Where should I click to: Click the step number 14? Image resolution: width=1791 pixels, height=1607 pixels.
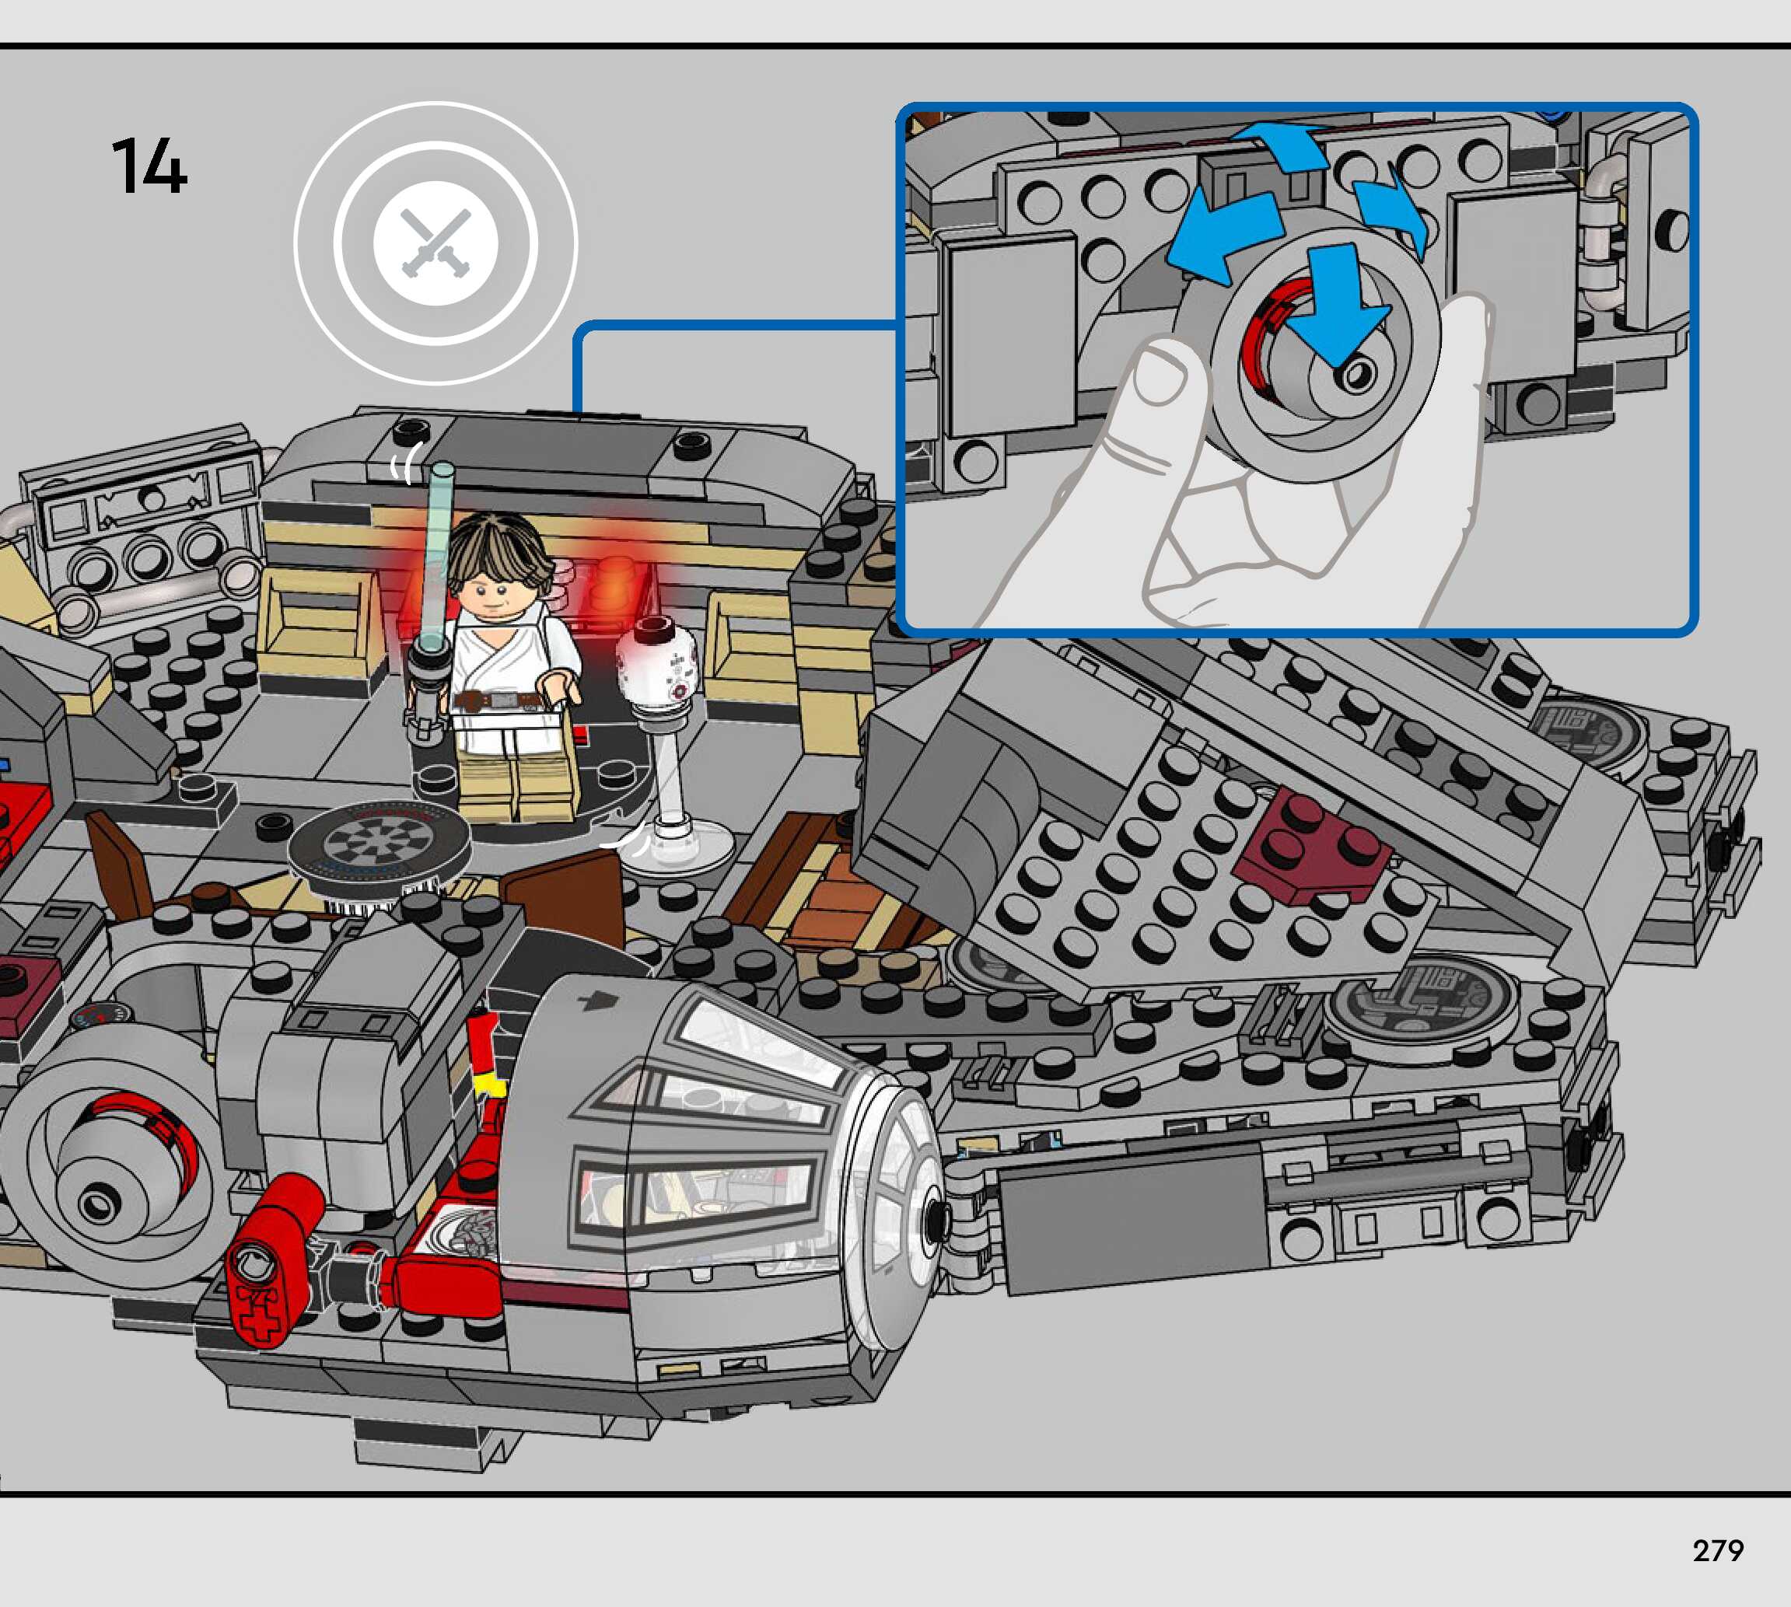[x=149, y=166]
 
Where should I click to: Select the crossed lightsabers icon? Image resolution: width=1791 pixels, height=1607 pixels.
[x=436, y=243]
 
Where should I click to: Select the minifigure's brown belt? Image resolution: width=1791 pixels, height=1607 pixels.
[x=500, y=701]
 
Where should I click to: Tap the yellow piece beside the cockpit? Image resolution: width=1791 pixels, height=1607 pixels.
[x=489, y=1085]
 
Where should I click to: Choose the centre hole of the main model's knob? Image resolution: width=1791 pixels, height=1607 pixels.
[x=95, y=1203]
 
